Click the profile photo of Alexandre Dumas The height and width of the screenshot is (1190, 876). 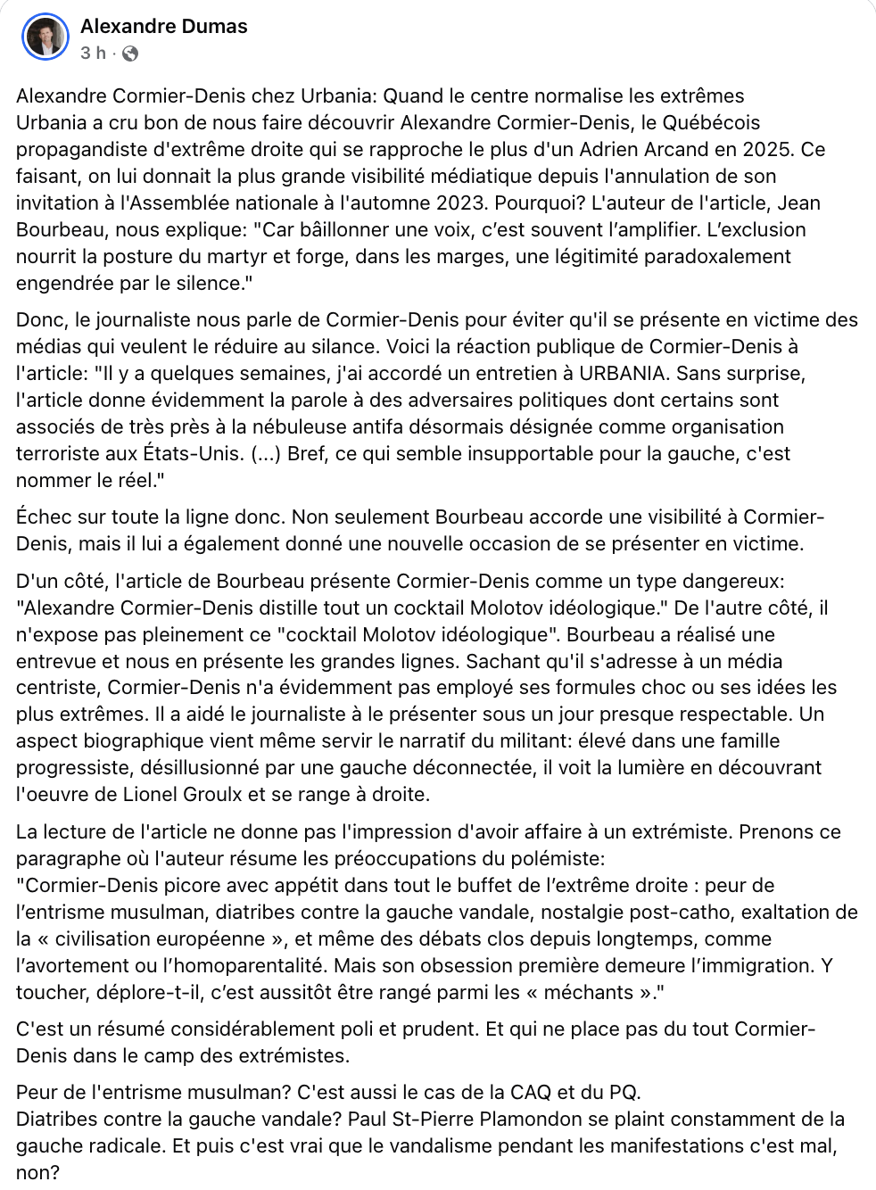(x=45, y=37)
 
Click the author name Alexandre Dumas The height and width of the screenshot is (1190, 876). (x=164, y=27)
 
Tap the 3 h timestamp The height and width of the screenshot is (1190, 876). (x=92, y=54)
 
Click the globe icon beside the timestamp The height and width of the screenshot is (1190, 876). (x=130, y=54)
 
